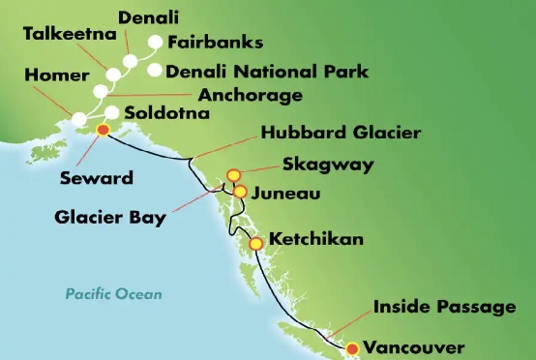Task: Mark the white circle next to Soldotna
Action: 112,113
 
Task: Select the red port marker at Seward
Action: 103,133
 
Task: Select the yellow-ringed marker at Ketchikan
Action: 256,244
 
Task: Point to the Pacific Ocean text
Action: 114,294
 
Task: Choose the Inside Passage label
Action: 444,308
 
